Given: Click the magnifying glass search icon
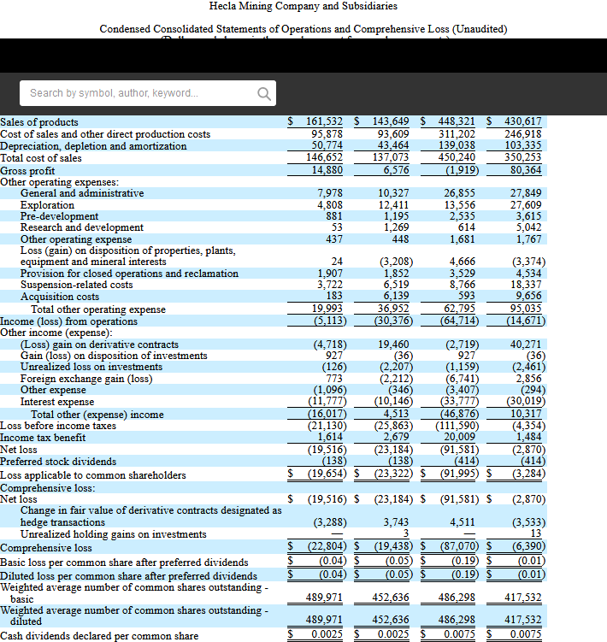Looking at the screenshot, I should (x=265, y=92).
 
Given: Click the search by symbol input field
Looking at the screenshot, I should (x=137, y=92).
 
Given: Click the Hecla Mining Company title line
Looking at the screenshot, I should (x=303, y=6).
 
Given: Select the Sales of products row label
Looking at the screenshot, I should (x=39, y=122).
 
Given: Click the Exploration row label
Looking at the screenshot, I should (x=47, y=205).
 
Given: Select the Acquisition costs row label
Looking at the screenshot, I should (x=60, y=297).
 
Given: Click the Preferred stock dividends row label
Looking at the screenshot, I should (x=58, y=462).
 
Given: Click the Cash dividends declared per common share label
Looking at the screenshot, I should (x=98, y=636).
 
